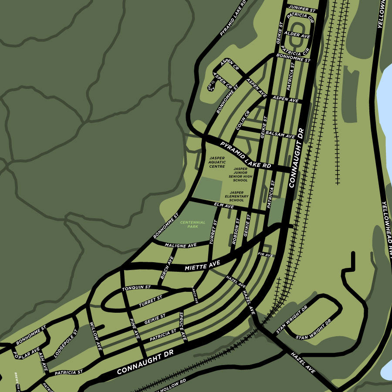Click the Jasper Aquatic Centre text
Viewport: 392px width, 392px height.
point(217,162)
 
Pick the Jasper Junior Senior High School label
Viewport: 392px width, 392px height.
point(240,174)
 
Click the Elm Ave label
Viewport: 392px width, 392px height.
point(224,205)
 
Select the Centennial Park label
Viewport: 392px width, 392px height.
point(190,224)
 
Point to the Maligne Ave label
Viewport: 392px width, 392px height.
point(180,246)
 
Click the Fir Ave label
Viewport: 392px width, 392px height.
point(265,254)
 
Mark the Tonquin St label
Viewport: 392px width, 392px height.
point(136,287)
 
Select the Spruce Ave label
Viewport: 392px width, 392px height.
point(183,326)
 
